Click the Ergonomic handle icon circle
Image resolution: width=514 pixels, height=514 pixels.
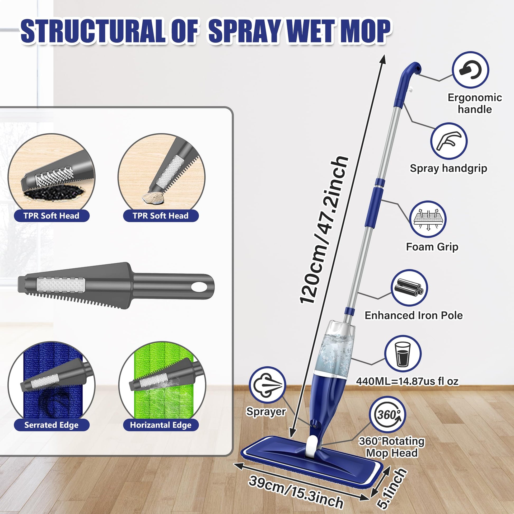[470, 70]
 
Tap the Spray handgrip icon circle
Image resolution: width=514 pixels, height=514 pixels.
[449, 141]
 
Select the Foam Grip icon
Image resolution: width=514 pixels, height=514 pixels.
[428, 219]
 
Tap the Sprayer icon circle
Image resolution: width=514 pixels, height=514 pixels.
[267, 385]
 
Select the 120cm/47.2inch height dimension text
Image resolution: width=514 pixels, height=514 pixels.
[323, 230]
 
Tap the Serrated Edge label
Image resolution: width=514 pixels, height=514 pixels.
[51, 425]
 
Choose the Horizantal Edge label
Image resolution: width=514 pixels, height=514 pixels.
[160, 425]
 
